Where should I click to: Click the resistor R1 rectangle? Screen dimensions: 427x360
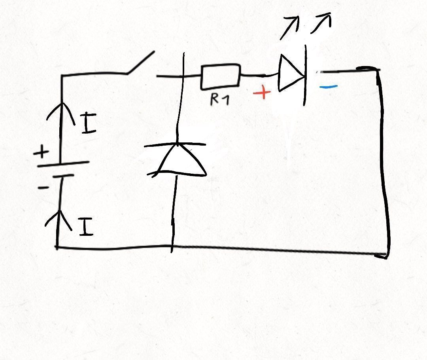point(221,77)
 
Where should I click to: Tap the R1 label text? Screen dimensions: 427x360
point(220,99)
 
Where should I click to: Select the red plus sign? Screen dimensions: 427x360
point(262,93)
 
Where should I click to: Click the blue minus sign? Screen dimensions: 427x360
point(329,87)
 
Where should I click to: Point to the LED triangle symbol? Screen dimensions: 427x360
point(290,73)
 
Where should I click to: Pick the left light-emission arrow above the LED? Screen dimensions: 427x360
point(290,28)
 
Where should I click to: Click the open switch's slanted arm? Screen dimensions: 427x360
point(141,63)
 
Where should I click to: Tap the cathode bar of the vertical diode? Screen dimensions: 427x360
point(175,144)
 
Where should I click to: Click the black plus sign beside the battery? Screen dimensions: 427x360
point(42,152)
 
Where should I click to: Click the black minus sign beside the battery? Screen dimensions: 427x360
point(43,188)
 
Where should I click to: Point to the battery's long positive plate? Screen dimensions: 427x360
point(63,164)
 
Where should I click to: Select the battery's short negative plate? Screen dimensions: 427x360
point(63,176)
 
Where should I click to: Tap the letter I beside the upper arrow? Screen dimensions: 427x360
point(89,124)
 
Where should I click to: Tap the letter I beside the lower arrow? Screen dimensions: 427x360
point(86,227)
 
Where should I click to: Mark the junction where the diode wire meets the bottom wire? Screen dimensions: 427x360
point(172,246)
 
